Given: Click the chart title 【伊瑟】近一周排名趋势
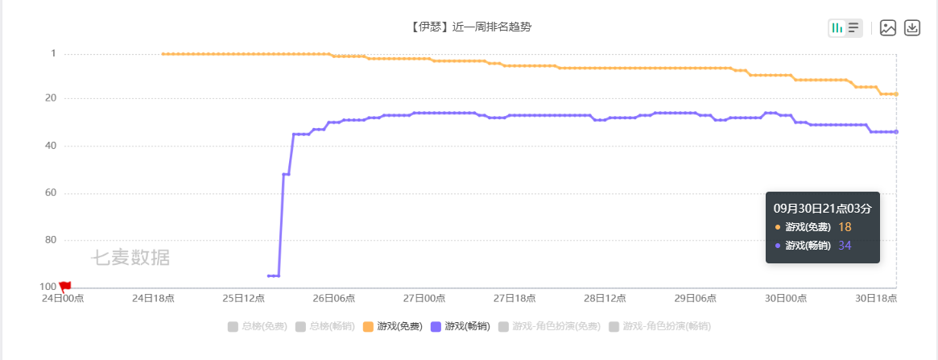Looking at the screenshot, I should pos(470,27).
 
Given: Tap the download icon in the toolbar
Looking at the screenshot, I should pos(912,28).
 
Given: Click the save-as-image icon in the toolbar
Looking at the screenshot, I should pos(888,28).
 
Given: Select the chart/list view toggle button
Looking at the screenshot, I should pos(845,28).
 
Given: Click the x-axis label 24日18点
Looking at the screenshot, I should pos(153,298).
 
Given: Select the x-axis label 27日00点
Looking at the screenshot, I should pos(424,298).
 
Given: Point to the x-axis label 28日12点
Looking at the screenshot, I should pos(605,298).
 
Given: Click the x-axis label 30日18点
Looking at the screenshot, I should pos(876,298).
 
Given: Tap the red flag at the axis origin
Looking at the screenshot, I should pos(65,286).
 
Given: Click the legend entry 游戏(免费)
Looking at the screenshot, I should pos(393,326).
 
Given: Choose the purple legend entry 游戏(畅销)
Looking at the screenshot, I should pos(461,326).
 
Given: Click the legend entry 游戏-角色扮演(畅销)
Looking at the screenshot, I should pos(659,326).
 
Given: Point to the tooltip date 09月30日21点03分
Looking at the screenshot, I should pos(822,208).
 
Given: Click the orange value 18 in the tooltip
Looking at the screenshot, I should pos(845,227).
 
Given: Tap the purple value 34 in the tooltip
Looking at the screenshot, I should pos(845,246).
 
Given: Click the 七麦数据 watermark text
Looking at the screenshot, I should pos(130,258).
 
